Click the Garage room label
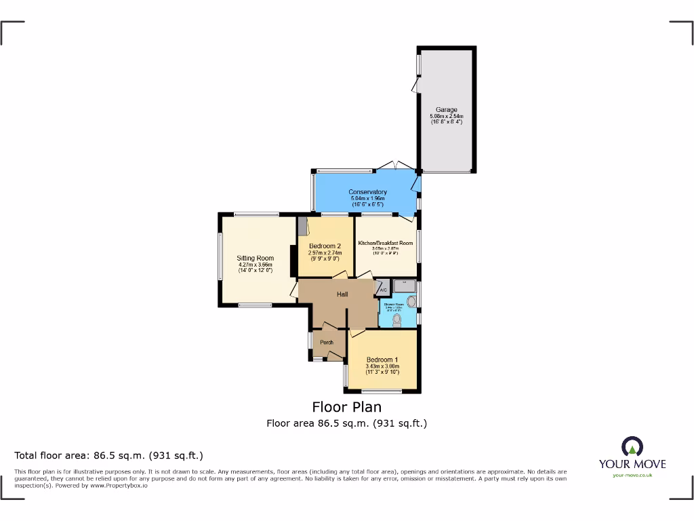pyautogui.click(x=446, y=110)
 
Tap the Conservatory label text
pyautogui.click(x=367, y=192)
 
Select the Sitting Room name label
pyautogui.click(x=255, y=258)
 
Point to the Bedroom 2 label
pyautogui.click(x=325, y=246)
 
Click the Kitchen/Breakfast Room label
pyautogui.click(x=386, y=243)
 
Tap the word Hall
pyautogui.click(x=343, y=294)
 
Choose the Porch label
pyautogui.click(x=327, y=343)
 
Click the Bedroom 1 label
pyautogui.click(x=382, y=360)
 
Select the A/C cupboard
pyautogui.click(x=383, y=290)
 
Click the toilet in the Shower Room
pyautogui.click(x=398, y=319)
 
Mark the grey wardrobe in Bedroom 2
pyautogui.click(x=302, y=227)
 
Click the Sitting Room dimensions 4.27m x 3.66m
pyautogui.click(x=255, y=265)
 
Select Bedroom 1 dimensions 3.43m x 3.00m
pyautogui.click(x=382, y=366)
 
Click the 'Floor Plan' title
pyautogui.click(x=346, y=407)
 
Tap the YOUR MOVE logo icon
pyautogui.click(x=632, y=446)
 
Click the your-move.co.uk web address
pyautogui.click(x=632, y=476)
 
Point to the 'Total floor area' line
pyautogui.click(x=108, y=456)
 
